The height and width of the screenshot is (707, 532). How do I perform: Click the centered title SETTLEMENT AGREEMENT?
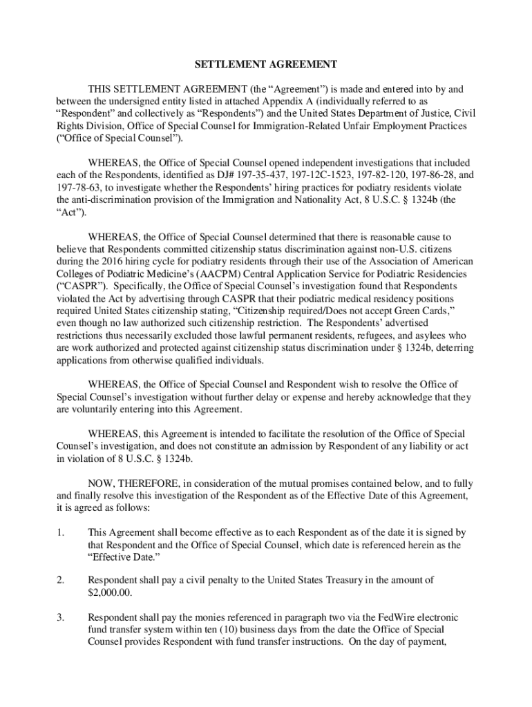(265, 64)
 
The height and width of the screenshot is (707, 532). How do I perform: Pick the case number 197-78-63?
(79, 188)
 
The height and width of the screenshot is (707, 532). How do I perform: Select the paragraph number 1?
(60, 532)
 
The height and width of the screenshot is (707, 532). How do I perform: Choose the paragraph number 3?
(60, 617)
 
